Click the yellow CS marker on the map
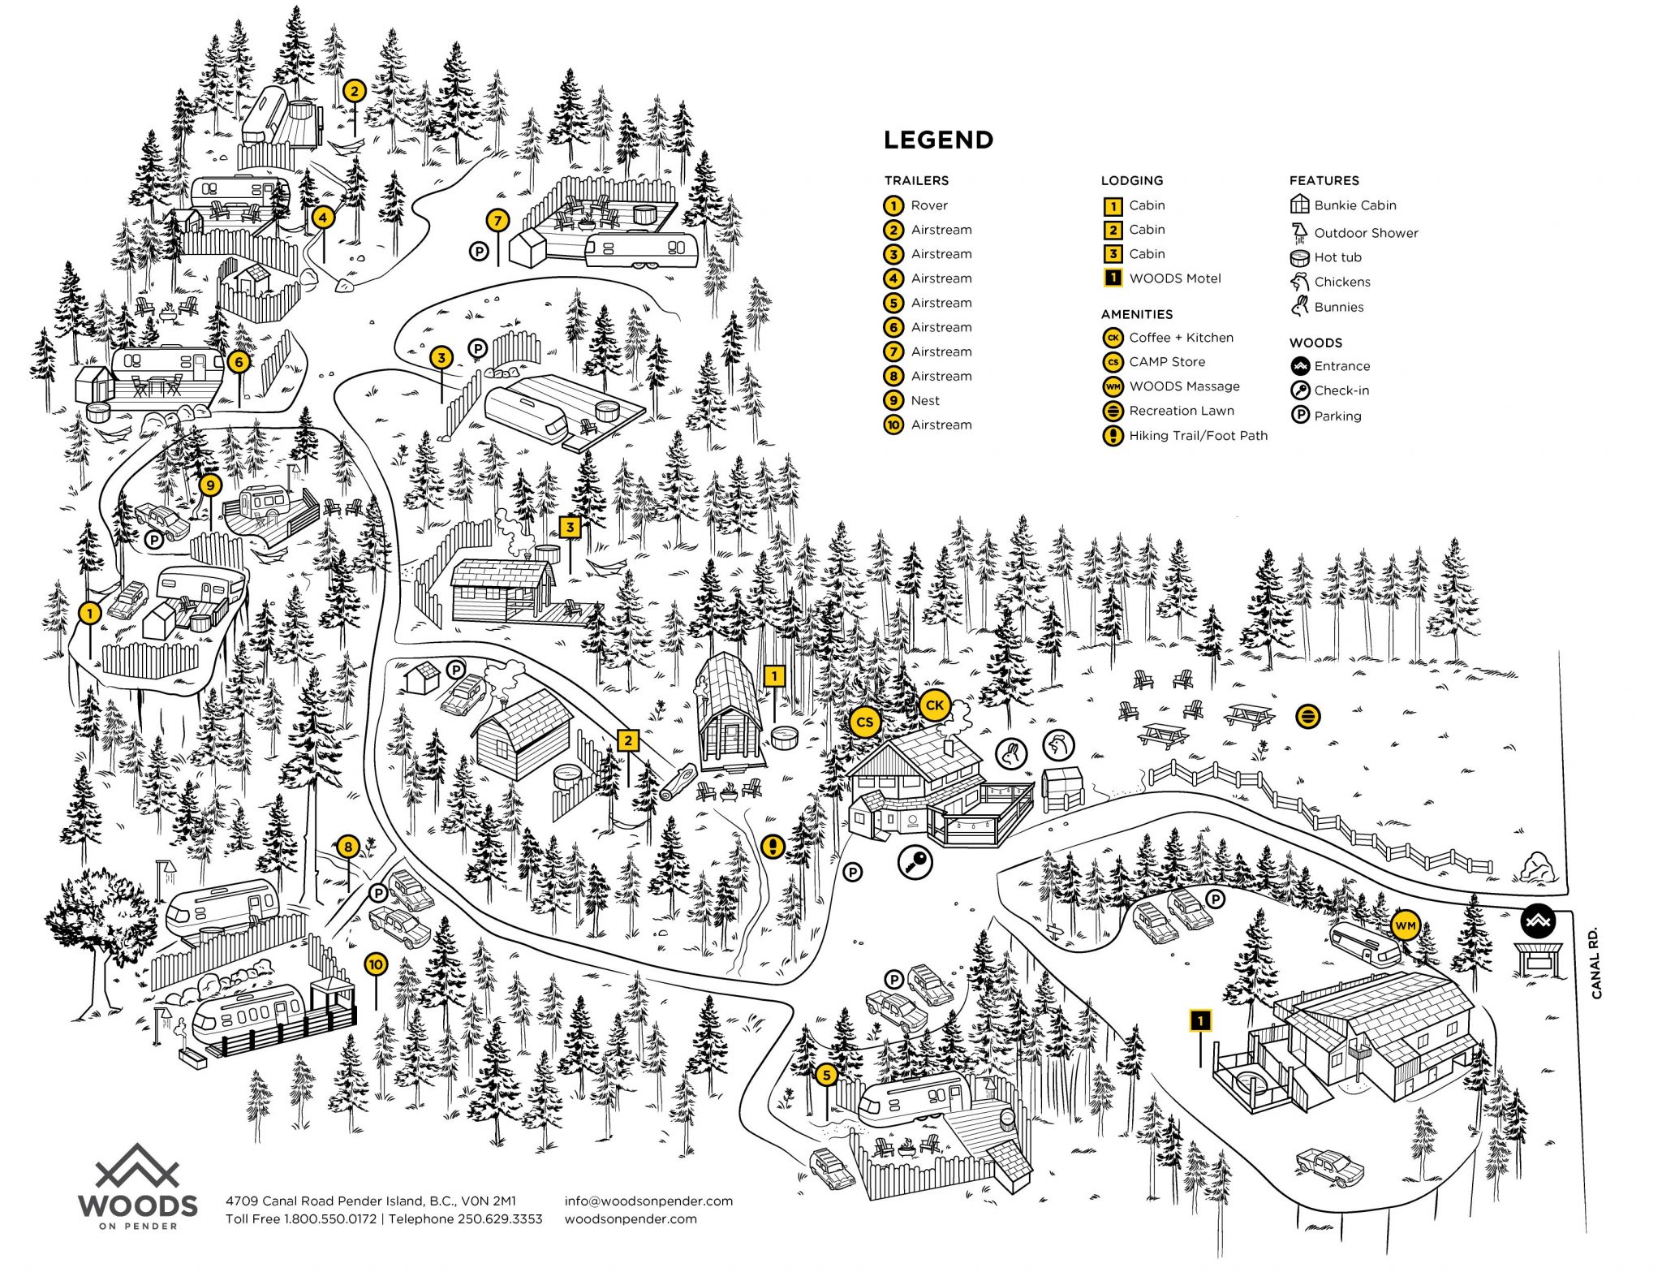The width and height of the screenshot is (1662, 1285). click(x=864, y=722)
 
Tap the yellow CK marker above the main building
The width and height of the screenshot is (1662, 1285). click(x=934, y=705)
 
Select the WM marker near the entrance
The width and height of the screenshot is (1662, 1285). click(x=1405, y=925)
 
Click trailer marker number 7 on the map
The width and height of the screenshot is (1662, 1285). click(x=497, y=219)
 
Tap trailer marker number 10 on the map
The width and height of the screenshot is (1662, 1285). click(x=375, y=964)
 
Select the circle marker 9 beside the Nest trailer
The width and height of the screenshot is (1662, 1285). click(x=210, y=485)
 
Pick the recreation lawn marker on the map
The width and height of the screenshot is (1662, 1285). click(x=1308, y=716)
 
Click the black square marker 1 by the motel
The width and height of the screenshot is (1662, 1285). click(x=1199, y=1020)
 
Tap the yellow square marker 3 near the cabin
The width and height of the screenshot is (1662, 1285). click(x=570, y=527)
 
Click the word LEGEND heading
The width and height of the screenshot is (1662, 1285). click(x=938, y=140)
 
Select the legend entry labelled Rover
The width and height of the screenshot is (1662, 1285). click(x=928, y=205)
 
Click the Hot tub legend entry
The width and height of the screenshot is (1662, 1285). click(x=1337, y=257)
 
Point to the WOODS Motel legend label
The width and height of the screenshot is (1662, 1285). click(x=1174, y=278)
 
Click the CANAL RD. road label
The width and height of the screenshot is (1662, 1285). click(x=1596, y=963)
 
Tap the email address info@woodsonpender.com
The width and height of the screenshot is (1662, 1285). click(x=648, y=1201)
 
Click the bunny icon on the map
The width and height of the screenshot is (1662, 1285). click(x=1011, y=752)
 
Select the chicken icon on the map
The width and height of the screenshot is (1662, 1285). click(x=1057, y=744)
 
